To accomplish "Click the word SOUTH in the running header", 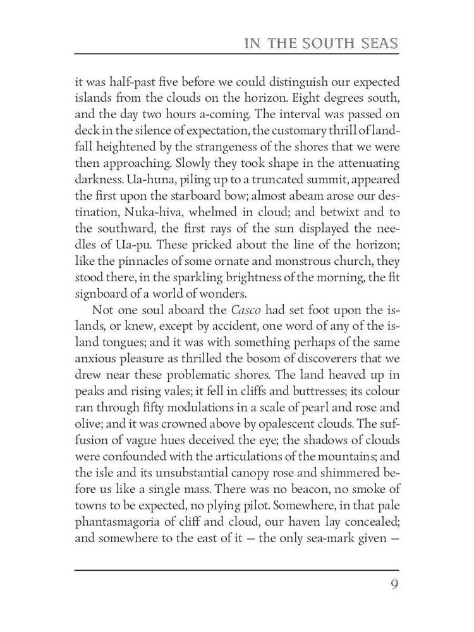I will pyautogui.click(x=310, y=44).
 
